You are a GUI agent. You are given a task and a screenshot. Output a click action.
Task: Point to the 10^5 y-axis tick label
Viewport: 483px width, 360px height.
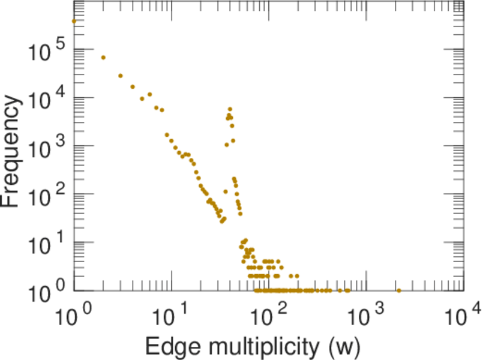pyautogui.click(x=45, y=53)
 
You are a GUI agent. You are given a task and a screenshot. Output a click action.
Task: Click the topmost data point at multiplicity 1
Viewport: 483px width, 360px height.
pyautogui.click(x=74, y=21)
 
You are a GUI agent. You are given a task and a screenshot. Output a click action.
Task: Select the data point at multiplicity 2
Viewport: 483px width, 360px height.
pyautogui.click(x=103, y=58)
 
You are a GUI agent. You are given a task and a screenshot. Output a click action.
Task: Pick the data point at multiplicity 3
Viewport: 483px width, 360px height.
pyautogui.click(x=121, y=76)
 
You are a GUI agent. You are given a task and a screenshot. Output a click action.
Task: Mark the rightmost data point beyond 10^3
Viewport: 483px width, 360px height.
pyautogui.click(x=399, y=290)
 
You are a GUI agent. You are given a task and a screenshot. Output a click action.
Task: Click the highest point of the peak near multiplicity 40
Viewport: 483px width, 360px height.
pyautogui.click(x=230, y=109)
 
